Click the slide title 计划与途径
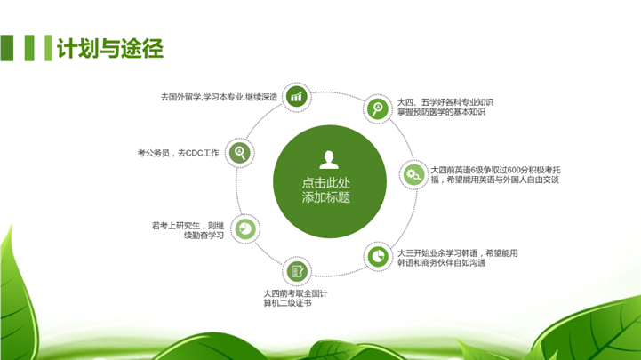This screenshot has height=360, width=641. click(x=110, y=49)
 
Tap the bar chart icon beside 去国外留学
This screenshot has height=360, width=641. click(x=296, y=97)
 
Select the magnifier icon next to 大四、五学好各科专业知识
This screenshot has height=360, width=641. click(x=377, y=108)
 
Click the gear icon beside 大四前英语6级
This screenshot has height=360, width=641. click(x=413, y=175)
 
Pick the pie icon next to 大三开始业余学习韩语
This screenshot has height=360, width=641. click(x=378, y=257)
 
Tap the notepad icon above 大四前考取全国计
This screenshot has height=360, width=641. click(x=297, y=271)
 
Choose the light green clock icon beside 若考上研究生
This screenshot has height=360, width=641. click(x=245, y=228)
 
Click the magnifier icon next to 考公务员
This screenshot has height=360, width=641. click(x=239, y=153)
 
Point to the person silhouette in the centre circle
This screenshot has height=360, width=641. click(x=329, y=160)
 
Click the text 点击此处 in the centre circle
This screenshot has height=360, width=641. click(x=325, y=182)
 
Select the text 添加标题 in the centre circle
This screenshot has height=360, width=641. click(x=325, y=197)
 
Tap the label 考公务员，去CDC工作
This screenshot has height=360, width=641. click(x=178, y=153)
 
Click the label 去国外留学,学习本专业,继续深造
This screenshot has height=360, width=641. click(x=219, y=97)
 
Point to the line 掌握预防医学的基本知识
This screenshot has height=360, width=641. click(x=441, y=112)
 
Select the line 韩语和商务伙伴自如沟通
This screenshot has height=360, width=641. click(x=442, y=263)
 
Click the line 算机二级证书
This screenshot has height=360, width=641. click(x=287, y=303)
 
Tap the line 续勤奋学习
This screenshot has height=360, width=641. click(x=204, y=236)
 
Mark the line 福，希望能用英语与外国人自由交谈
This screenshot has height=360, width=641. click(x=494, y=180)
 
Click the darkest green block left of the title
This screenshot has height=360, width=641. click(x=7, y=48)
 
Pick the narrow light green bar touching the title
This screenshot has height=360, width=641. click(x=48, y=48)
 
